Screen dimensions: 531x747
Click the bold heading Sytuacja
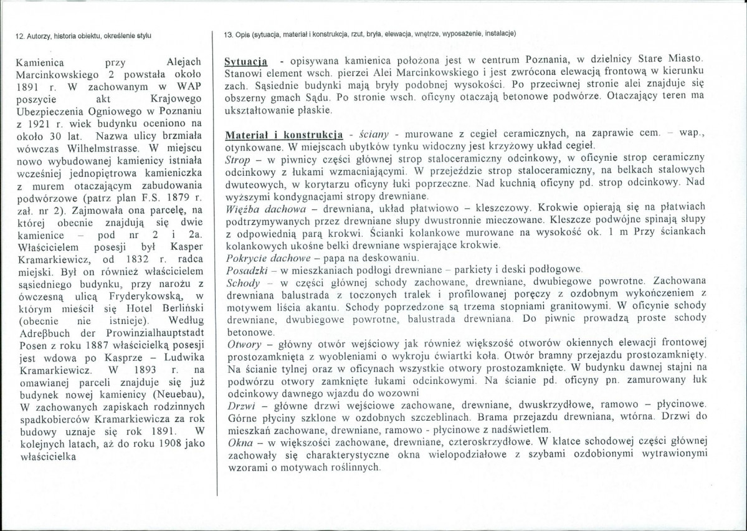click(x=246, y=64)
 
